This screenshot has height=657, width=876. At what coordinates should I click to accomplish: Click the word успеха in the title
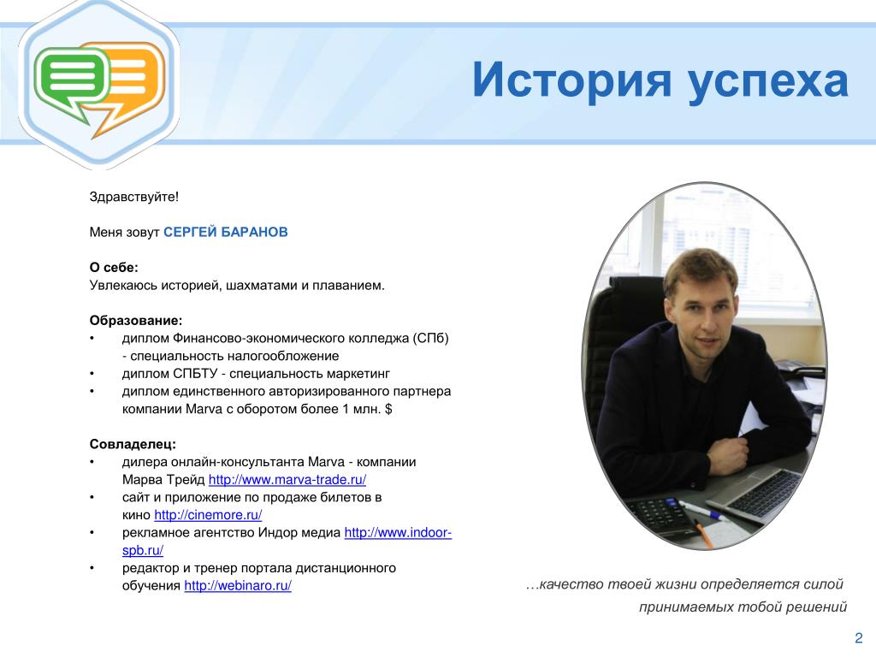[768, 85]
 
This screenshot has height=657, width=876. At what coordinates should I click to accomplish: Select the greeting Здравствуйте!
[134, 197]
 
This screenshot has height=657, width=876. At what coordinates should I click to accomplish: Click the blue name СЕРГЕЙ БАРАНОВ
[226, 232]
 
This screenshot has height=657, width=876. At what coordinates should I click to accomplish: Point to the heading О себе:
[114, 268]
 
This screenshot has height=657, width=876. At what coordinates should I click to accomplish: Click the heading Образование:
[136, 321]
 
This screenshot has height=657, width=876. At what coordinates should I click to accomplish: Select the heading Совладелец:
[133, 444]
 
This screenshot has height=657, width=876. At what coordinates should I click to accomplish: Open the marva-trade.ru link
[287, 480]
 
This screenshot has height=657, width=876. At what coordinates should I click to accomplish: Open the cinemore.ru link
[208, 515]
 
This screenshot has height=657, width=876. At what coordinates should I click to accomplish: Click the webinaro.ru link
[238, 586]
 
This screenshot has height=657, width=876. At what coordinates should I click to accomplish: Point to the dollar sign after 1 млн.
[388, 409]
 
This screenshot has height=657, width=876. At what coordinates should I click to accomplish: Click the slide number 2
[859, 638]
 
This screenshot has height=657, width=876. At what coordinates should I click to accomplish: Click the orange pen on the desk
[703, 534]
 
